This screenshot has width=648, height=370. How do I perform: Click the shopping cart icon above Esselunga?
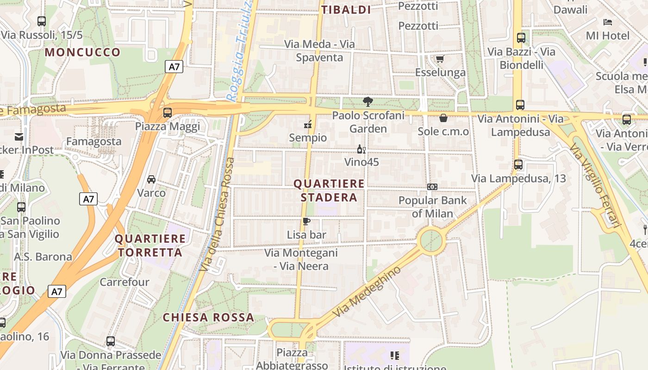point(439,59)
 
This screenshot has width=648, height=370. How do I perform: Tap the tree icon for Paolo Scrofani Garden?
point(368,101)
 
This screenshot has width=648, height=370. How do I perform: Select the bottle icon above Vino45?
point(361,149)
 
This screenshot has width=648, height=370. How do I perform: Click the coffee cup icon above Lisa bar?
point(306,221)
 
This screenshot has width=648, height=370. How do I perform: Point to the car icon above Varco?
point(151,179)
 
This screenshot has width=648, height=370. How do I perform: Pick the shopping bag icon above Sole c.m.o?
point(443,118)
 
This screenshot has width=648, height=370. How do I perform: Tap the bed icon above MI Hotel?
point(608,22)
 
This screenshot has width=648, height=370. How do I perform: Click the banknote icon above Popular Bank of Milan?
point(432,187)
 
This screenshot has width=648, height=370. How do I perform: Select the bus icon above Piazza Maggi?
point(168,112)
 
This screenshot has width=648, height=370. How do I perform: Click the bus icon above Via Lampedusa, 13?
point(518,164)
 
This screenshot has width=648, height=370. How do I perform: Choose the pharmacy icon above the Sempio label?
point(307,124)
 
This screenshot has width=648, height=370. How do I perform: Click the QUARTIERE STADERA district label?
point(329,191)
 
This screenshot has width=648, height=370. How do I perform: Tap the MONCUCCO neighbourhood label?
point(82,52)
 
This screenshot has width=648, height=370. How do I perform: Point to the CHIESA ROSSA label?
point(208,318)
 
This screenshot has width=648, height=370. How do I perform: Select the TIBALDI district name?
point(346,10)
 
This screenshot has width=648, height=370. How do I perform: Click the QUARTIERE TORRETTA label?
point(150,246)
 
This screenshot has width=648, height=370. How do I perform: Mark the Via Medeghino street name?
point(367,292)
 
